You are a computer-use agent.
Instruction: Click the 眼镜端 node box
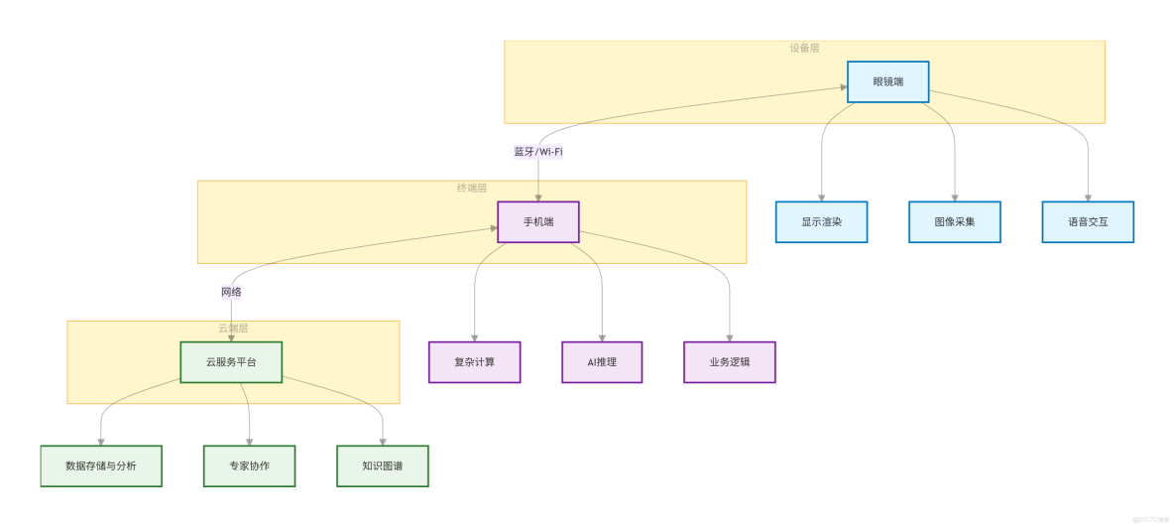[x=887, y=81]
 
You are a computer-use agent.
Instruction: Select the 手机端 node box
[x=537, y=221]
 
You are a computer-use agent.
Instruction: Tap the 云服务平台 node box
[x=231, y=362]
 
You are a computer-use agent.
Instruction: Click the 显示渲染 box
[x=821, y=221]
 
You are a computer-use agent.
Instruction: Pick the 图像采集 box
[x=954, y=221]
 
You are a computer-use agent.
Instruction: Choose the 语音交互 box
[x=1088, y=221]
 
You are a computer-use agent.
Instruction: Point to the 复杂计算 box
[x=474, y=362]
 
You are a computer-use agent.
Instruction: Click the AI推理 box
[x=602, y=362]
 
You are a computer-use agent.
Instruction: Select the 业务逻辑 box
[x=729, y=362]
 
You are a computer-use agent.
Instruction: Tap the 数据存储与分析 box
[x=101, y=465]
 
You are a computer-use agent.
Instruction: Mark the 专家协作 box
[x=249, y=465]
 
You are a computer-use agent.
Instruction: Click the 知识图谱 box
[x=383, y=465]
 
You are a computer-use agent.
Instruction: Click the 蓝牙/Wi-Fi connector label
[x=538, y=152]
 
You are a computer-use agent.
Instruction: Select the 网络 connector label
[x=231, y=292]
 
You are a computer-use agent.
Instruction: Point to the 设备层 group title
[x=804, y=48]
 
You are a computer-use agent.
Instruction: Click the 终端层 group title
[x=471, y=188]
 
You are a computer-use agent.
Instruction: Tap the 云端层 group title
[x=233, y=328]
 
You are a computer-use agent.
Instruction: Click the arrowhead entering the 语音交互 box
[x=1088, y=198]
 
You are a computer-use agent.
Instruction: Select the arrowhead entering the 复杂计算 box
[x=474, y=337]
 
